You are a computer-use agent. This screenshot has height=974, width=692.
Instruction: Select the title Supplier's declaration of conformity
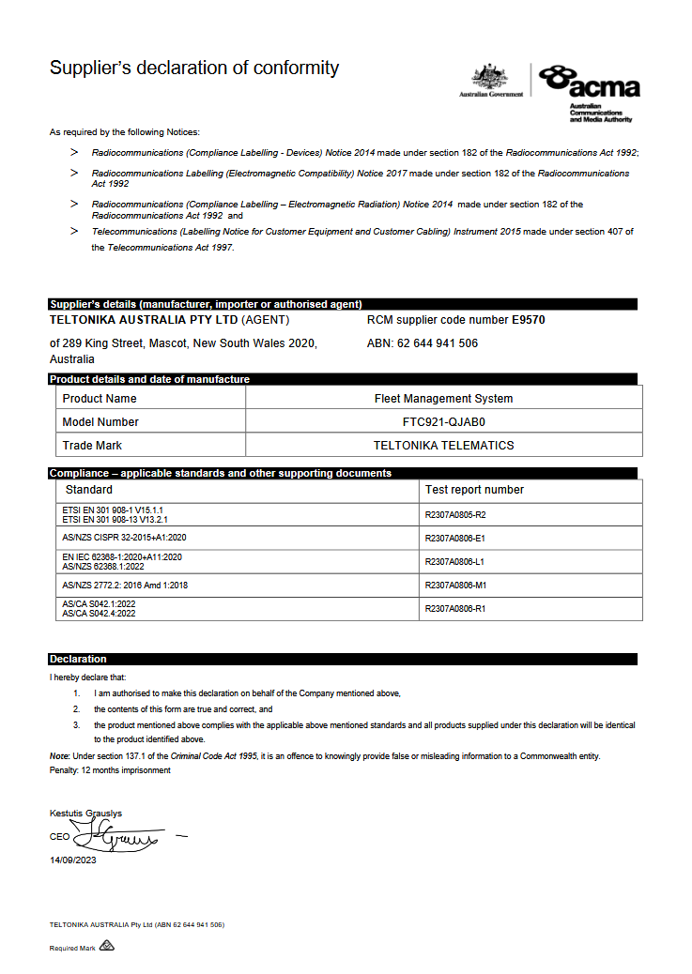coord(194,68)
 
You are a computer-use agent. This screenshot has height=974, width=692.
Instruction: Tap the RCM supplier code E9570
coord(528,320)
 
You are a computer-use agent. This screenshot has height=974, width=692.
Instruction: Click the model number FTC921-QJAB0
coord(443,422)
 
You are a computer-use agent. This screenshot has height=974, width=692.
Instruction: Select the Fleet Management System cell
coord(443,399)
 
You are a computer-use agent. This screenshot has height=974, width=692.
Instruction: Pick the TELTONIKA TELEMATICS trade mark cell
coord(443,446)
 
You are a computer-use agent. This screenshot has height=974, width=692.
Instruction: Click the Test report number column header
coord(474,490)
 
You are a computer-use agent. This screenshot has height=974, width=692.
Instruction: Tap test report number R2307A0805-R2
coord(455,515)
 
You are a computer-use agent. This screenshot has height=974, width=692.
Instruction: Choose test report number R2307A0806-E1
coord(454,539)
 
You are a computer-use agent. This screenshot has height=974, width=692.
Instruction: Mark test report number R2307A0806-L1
coord(454,562)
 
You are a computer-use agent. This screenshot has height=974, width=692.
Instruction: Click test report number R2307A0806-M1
coord(455,586)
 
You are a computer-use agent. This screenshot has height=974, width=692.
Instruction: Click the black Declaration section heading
coord(78,659)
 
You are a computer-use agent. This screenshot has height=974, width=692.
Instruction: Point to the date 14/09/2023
coord(72,860)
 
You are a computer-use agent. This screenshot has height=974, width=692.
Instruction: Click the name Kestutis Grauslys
coord(85,813)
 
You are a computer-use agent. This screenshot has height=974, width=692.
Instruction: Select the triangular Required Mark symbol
coord(106,947)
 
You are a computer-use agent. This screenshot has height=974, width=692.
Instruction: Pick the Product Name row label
coord(100,399)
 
